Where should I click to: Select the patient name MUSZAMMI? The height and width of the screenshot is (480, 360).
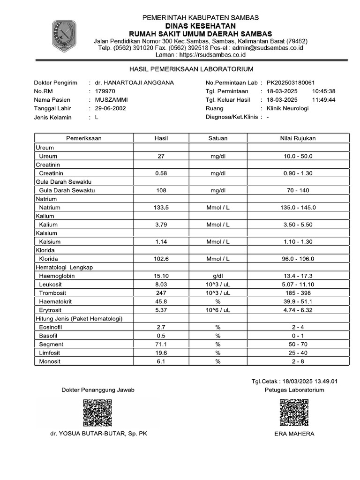pyautogui.click(x=111, y=100)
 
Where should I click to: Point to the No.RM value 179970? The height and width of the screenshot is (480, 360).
pyautogui.click(x=104, y=91)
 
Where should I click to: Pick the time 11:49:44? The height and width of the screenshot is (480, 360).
pyautogui.click(x=323, y=100)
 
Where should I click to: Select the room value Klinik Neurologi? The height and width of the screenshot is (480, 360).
pyautogui.click(x=287, y=108)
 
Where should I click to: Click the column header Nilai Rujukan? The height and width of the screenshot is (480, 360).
pyautogui.click(x=298, y=138)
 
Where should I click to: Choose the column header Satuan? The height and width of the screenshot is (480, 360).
pyautogui.click(x=217, y=138)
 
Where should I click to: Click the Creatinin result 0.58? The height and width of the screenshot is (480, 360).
pyautogui.click(x=161, y=173)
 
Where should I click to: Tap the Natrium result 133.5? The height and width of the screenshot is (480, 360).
pyautogui.click(x=161, y=208)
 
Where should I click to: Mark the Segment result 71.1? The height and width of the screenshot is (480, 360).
pyautogui.click(x=161, y=345)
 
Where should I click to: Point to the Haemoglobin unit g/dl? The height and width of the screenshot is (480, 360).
pyautogui.click(x=217, y=276)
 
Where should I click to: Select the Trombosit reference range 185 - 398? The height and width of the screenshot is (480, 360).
pyautogui.click(x=298, y=293)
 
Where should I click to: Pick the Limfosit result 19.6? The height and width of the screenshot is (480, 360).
pyautogui.click(x=161, y=353)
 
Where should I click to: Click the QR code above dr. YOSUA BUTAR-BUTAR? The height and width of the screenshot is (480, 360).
pyautogui.click(x=97, y=412)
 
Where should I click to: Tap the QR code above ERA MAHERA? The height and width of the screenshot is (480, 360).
pyautogui.click(x=294, y=412)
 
